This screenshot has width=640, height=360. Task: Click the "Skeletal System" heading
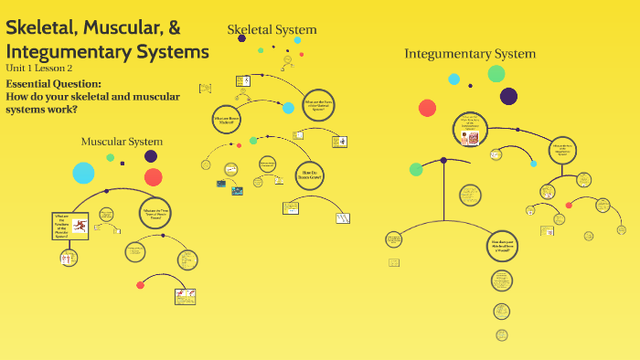[x=272, y=30]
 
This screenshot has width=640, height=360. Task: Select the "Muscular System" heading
[x=122, y=142]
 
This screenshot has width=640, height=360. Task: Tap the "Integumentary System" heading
[x=470, y=54]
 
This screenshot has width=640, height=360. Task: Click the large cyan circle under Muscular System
[x=83, y=173]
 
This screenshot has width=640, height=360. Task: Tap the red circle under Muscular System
[x=153, y=177]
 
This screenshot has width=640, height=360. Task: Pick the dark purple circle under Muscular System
[x=151, y=156]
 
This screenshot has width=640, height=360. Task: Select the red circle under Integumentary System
[x=427, y=108]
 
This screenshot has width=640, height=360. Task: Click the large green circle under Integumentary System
[x=496, y=74]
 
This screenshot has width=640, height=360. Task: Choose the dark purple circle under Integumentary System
[x=508, y=96]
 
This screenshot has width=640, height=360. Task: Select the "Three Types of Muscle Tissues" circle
[x=155, y=214]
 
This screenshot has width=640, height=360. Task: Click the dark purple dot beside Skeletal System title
[x=241, y=38]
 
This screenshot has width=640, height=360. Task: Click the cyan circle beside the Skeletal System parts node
[x=289, y=108]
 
